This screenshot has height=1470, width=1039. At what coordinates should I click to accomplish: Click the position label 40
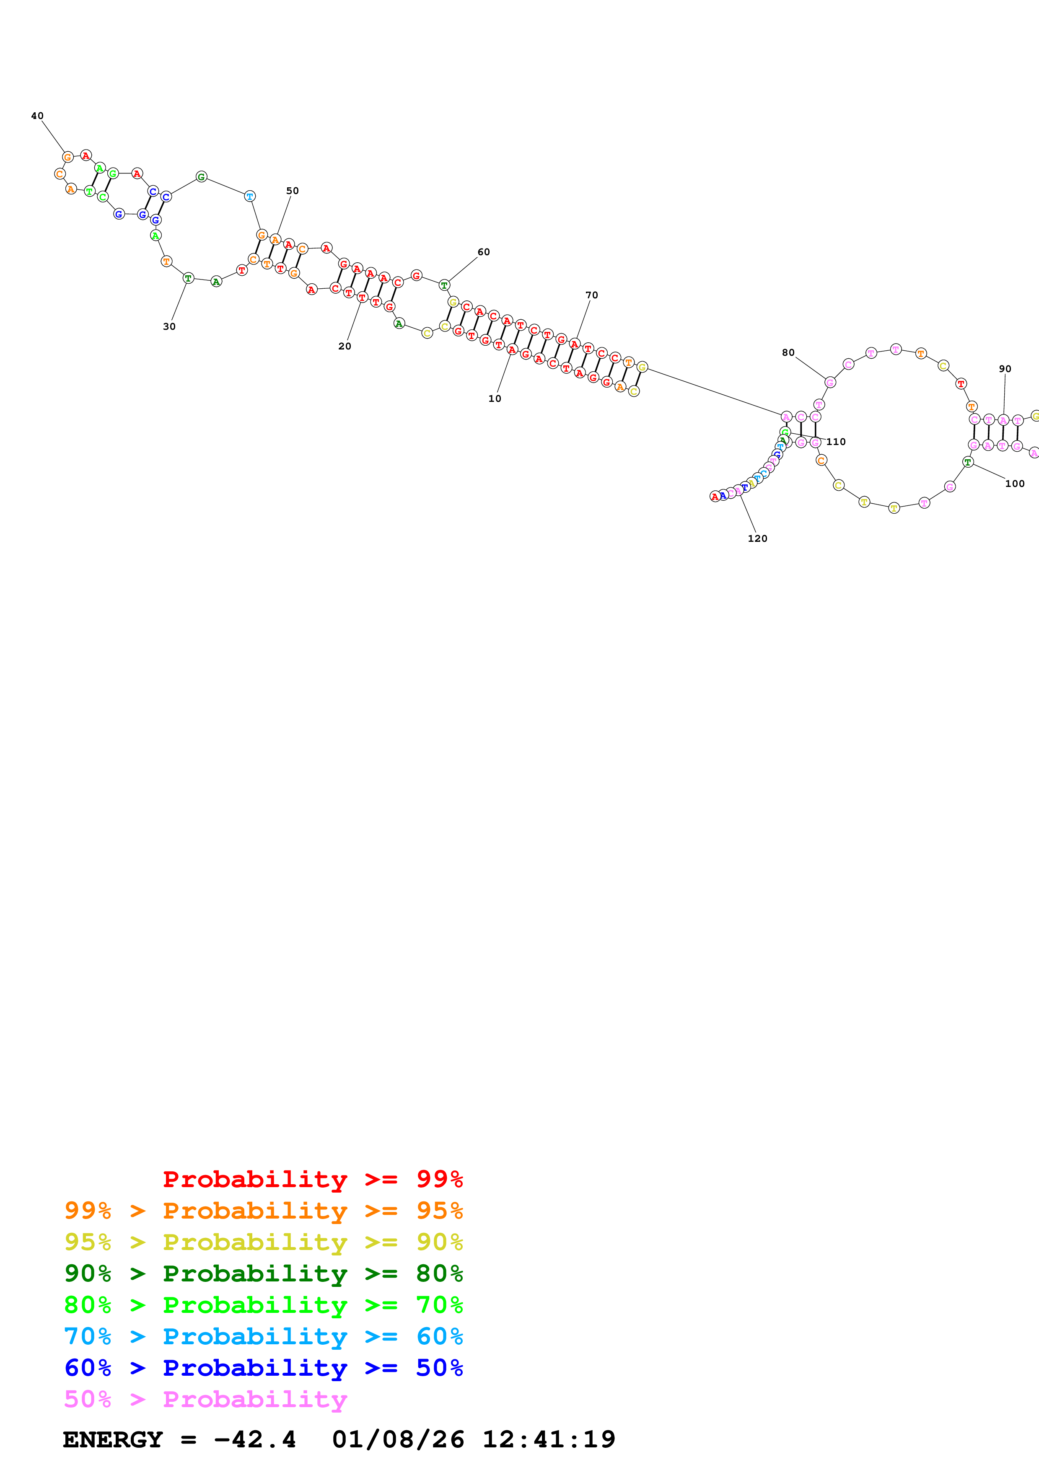37,116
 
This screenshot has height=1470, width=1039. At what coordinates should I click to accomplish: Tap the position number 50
292,191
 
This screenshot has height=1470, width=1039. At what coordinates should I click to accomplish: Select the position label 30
169,326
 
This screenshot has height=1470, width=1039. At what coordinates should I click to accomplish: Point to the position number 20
345,347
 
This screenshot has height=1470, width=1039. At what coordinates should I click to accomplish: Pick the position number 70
591,295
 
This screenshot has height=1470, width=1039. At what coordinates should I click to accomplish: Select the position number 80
788,353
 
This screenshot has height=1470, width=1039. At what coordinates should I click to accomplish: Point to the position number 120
757,538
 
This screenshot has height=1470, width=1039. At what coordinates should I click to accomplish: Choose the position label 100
1015,484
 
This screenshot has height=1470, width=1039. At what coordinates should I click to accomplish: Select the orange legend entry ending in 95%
263,1210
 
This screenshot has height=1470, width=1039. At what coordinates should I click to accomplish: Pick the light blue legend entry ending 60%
263,1336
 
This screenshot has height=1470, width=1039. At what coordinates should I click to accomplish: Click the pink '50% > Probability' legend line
205,1399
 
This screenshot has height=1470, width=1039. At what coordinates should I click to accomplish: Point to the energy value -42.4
255,1439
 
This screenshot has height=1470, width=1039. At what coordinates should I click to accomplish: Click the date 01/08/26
398,1439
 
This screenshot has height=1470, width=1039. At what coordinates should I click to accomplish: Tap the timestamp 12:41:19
549,1439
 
